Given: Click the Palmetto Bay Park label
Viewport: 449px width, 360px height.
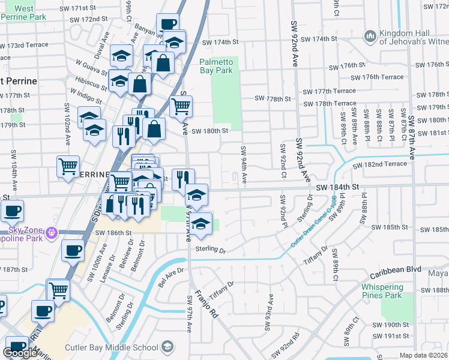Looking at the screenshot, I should click(215, 66).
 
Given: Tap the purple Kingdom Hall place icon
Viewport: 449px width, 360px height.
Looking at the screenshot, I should click(370, 37).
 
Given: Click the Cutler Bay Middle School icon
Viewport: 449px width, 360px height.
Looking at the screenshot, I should click(167, 346).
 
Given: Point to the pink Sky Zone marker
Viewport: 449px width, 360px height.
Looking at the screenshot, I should click(52, 232).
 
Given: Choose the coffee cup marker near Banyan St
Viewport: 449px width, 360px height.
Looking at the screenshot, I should click(168, 25).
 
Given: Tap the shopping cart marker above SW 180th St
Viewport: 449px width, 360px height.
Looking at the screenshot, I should click(181, 107).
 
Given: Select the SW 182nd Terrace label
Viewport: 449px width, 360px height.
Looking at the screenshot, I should click(379, 164).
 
